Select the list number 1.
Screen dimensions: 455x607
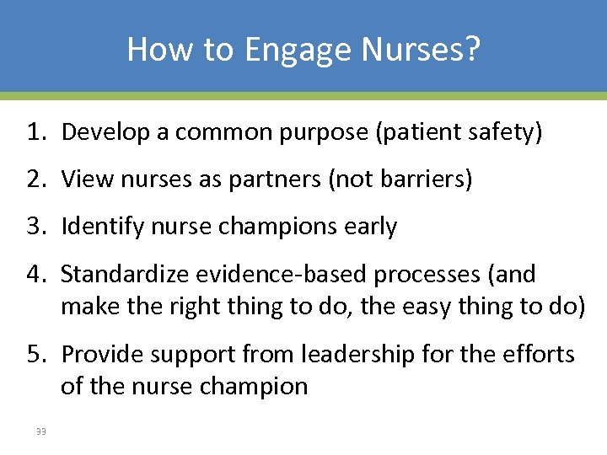pos(35,132)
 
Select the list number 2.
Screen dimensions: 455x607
pos(35,179)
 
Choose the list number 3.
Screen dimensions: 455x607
pos(35,227)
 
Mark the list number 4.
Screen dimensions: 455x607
pos(35,274)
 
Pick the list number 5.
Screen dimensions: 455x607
pos(35,354)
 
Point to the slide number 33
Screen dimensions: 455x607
pos(40,432)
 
